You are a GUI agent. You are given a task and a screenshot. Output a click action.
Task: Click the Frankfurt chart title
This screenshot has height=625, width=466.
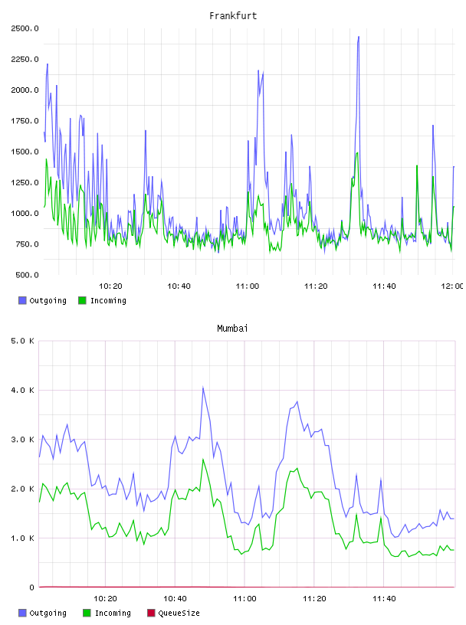pyautogui.click(x=233, y=16)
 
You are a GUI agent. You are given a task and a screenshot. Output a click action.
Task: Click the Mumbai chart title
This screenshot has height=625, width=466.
pyautogui.click(x=232, y=329)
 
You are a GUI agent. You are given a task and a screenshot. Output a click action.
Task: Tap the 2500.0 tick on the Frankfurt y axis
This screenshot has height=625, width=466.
pyautogui.click(x=25, y=28)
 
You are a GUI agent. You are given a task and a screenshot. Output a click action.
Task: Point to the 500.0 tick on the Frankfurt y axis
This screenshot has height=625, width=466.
pyautogui.click(x=27, y=275)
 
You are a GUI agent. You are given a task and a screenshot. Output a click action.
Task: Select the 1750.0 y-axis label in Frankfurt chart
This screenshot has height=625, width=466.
pyautogui.click(x=25, y=121)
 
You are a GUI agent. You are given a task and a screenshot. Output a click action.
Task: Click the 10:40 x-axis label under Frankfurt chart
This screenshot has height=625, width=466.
pyautogui.click(x=179, y=286)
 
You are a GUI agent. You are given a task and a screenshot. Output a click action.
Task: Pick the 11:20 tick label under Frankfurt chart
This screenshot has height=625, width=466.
pyautogui.click(x=316, y=286)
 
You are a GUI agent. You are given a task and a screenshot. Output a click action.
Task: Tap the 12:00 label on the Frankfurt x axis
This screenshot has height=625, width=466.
pyautogui.click(x=453, y=286)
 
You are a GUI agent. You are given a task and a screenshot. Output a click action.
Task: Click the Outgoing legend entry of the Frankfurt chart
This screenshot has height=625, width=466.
pyautogui.click(x=43, y=300)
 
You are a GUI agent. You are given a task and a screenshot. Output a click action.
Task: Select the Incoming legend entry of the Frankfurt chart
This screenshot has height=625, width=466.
pyautogui.click(x=103, y=300)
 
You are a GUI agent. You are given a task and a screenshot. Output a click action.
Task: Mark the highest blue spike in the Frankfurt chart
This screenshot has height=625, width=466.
pyautogui.click(x=358, y=37)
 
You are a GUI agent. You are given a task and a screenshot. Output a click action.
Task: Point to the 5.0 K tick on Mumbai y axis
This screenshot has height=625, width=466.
pyautogui.click(x=22, y=341)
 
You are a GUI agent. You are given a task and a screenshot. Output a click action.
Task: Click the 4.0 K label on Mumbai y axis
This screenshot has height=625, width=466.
pyautogui.click(x=22, y=390)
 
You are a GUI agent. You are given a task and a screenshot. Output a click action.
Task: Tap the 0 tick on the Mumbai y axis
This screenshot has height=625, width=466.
pyautogui.click(x=32, y=587)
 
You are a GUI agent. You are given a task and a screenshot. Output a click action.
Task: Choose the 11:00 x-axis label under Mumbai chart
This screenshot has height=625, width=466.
pyautogui.click(x=244, y=599)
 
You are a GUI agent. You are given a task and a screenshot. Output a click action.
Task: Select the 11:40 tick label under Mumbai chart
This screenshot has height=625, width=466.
pyautogui.click(x=384, y=599)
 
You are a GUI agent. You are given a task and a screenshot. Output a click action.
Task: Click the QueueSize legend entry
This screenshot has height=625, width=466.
pyautogui.click(x=173, y=613)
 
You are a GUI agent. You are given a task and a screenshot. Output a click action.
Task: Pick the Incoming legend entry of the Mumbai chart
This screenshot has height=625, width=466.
pyautogui.click(x=107, y=613)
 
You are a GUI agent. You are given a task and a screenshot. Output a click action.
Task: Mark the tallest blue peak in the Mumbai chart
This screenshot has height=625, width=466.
pyautogui.click(x=203, y=387)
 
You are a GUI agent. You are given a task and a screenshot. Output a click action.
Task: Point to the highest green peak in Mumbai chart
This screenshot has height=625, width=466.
pyautogui.click(x=203, y=460)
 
